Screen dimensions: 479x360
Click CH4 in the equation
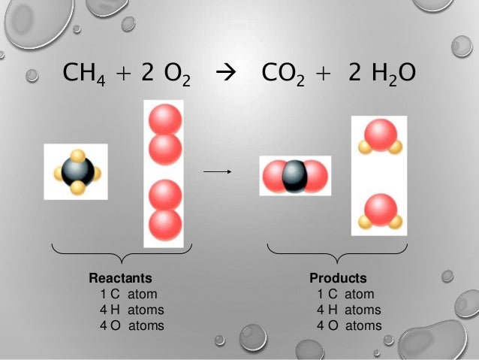click(85, 74)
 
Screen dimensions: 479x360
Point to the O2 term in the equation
click(173, 74)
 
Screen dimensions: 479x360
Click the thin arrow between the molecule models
click(216, 172)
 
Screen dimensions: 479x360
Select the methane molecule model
click(77, 172)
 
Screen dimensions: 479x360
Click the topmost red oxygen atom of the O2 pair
click(166, 120)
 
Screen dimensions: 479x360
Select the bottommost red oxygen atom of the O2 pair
click(165, 225)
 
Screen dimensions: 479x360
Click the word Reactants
click(121, 279)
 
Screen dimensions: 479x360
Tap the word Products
click(339, 279)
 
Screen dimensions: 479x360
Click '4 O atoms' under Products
click(349, 326)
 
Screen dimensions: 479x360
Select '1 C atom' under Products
click(345, 295)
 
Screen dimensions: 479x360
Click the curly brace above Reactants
click(122, 252)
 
